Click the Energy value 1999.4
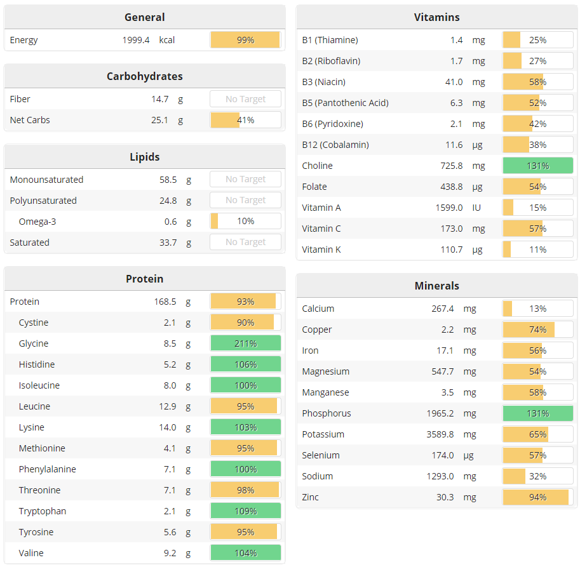click(136, 40)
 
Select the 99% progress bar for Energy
click(245, 40)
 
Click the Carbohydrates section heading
click(144, 76)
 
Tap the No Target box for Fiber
click(245, 99)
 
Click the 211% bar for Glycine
click(245, 344)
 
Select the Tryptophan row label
click(43, 511)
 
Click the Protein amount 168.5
click(165, 302)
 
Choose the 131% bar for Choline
click(537, 166)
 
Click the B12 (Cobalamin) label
click(335, 145)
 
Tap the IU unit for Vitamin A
click(478, 208)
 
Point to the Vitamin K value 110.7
click(452, 250)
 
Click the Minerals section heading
click(436, 286)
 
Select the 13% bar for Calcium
click(537, 309)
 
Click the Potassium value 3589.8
click(440, 434)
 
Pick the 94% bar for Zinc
click(537, 497)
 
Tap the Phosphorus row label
click(327, 413)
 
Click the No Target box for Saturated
click(245, 243)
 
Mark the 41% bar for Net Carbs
click(245, 120)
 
